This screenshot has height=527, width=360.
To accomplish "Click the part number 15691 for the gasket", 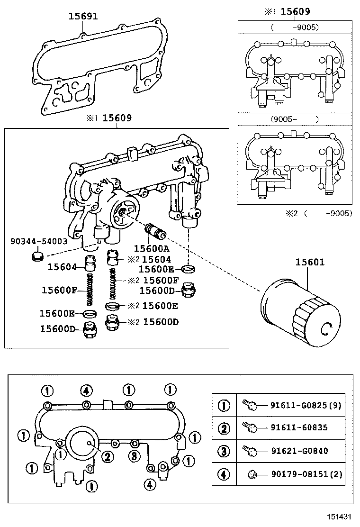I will (x=83, y=16).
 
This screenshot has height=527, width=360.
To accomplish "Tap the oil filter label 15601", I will (x=310, y=262).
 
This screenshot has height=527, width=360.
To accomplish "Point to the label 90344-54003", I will (x=39, y=241).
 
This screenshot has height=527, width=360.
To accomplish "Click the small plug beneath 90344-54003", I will (x=35, y=257).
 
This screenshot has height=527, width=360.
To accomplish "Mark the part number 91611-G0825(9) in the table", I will (x=306, y=405).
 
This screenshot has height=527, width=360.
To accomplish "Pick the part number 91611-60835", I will (x=298, y=427).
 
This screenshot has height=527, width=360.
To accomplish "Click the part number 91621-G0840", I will (x=298, y=451).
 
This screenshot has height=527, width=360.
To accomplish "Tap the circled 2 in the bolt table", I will (x=224, y=428).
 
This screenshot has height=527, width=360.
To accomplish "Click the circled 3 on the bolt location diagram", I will (x=135, y=456).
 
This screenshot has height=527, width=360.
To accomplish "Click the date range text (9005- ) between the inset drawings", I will (x=294, y=119).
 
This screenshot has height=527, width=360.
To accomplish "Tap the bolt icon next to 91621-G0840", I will (x=250, y=451).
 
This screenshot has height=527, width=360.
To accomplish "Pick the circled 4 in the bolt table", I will (x=224, y=474).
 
